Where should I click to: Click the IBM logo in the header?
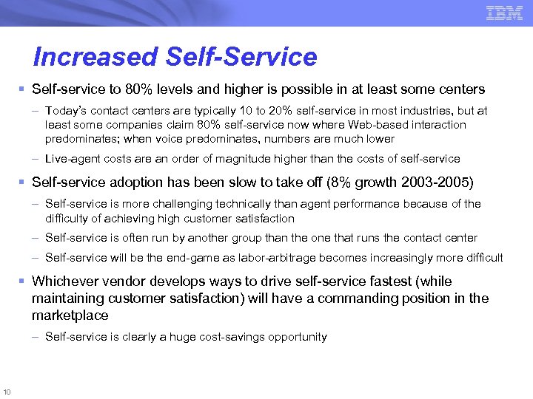point(504,13)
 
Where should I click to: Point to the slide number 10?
point(7,391)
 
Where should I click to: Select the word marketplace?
point(70,316)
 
